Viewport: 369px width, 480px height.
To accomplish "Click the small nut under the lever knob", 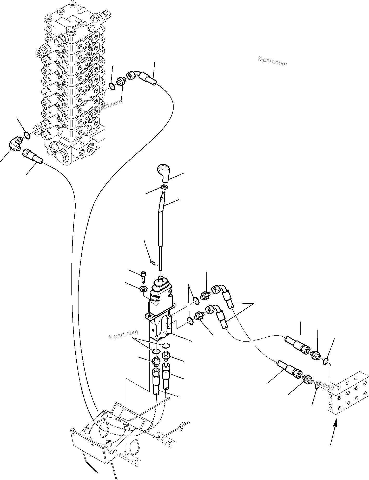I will (x=164, y=187).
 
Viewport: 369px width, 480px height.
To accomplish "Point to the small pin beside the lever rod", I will (x=153, y=263).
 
